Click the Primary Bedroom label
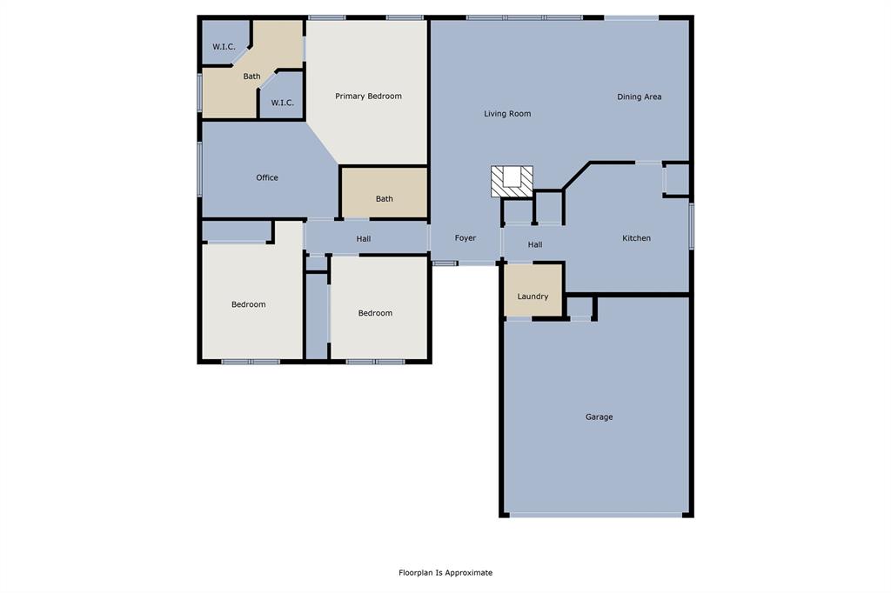click(x=368, y=97)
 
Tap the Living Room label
click(x=507, y=114)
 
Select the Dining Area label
click(x=640, y=97)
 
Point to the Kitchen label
click(x=636, y=238)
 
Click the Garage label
click(x=599, y=417)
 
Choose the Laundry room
click(x=533, y=296)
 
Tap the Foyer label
click(x=466, y=238)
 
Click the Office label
click(x=267, y=177)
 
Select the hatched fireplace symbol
click(x=512, y=181)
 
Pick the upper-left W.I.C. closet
click(x=224, y=46)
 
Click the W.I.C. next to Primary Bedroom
click(x=282, y=103)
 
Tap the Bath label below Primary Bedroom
click(x=384, y=199)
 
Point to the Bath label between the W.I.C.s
click(x=251, y=77)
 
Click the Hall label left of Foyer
click(x=364, y=238)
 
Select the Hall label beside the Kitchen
click(x=535, y=245)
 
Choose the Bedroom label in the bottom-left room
click(x=248, y=304)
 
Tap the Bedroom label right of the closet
click(x=375, y=313)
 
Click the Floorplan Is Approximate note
click(x=445, y=573)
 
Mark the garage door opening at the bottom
click(x=596, y=515)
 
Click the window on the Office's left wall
click(x=200, y=169)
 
